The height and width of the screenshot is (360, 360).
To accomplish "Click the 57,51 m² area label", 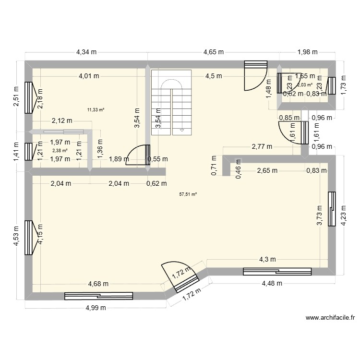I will point(188,194).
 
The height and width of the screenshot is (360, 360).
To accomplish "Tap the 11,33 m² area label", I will point(96,109).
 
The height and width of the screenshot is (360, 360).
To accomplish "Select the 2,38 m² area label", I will point(60,150).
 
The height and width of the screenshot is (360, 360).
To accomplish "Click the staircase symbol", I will point(171,102).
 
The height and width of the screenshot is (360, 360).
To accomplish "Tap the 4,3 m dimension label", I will point(268,260).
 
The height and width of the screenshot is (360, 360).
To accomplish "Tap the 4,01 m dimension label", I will point(90,76).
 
